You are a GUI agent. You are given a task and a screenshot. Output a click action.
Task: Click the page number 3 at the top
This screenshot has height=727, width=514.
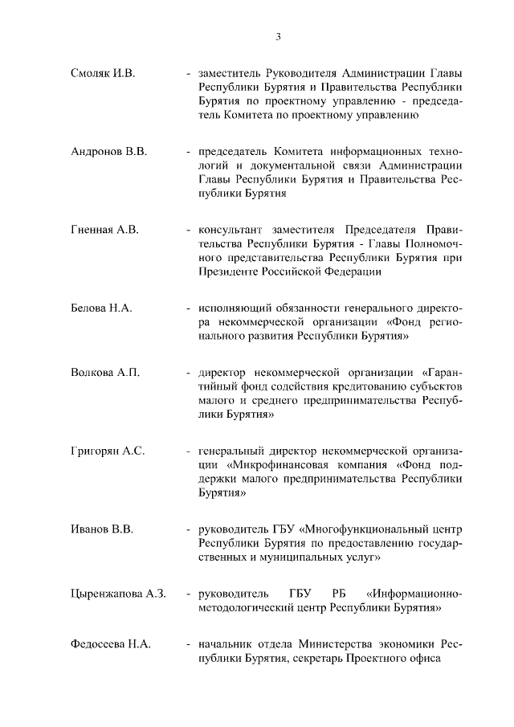point(278,36)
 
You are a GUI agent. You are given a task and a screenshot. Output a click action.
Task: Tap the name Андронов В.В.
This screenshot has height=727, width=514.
point(108,151)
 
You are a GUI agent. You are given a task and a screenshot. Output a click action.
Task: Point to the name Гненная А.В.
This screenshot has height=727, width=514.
point(105,230)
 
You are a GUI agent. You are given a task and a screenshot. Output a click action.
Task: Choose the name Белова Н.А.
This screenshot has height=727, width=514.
point(101,308)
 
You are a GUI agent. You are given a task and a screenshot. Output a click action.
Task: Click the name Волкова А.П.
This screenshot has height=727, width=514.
point(105,373)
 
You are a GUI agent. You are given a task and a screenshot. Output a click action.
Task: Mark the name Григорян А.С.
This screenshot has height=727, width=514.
point(108,451)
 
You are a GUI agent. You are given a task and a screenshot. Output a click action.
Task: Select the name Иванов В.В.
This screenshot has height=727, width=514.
point(102,529)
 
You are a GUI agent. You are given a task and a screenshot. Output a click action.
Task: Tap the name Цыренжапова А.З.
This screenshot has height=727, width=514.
point(118,594)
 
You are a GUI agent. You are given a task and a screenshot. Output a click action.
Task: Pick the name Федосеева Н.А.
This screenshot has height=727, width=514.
point(111,646)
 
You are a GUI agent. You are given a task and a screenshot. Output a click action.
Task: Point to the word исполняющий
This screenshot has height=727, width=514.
point(235,308)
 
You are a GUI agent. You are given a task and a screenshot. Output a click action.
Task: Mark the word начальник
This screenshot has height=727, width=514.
point(228,646)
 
